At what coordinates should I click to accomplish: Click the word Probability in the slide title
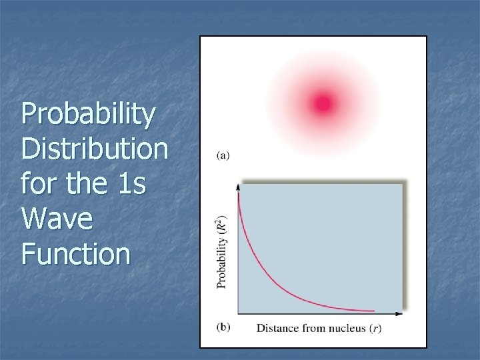(89, 115)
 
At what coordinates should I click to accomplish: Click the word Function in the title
(75, 253)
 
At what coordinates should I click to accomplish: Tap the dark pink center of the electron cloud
(323, 103)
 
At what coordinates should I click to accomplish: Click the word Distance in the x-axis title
(278, 328)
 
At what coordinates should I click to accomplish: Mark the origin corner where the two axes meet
(239, 313)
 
